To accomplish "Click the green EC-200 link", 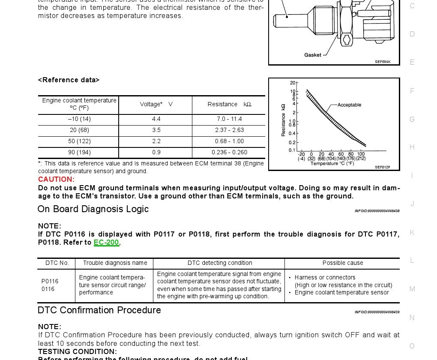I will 106,243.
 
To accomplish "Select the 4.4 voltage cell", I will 156,119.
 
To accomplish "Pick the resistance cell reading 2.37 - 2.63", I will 229,130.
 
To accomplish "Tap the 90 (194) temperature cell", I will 80,153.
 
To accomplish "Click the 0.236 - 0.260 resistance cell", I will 229,153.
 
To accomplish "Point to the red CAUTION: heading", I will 56,180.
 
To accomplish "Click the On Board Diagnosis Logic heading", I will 93,209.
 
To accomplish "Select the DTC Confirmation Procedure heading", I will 99,310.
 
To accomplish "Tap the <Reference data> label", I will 69,80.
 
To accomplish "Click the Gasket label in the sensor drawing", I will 313,55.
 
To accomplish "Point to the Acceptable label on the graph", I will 349,105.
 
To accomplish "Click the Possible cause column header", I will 343,263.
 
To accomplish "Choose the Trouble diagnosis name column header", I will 115,263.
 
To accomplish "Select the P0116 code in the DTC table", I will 50,282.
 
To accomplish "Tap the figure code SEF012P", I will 383,167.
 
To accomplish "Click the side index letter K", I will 412,232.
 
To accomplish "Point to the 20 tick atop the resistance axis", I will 293,83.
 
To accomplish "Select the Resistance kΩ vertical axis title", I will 283,120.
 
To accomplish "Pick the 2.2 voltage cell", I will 156,141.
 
